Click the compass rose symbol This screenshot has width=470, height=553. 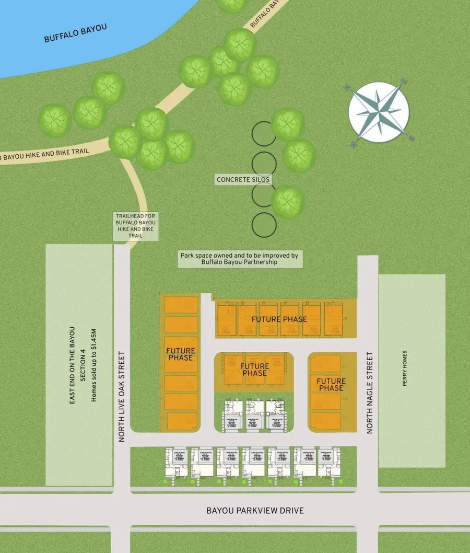[379, 112]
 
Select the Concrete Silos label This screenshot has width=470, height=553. [244, 180]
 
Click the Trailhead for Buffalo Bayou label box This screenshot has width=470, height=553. [136, 226]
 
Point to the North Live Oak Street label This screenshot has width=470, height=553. [122, 397]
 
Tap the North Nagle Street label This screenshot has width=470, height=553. [370, 393]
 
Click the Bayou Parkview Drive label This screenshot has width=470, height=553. [255, 510]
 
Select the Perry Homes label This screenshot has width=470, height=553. [405, 368]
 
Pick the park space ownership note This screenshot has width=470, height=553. [239, 259]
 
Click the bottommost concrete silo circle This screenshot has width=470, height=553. [264, 225]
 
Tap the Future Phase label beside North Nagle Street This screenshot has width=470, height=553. [331, 385]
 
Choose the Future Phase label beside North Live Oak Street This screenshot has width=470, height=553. [181, 354]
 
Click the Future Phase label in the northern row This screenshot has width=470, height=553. [279, 319]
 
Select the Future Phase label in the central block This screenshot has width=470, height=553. [254, 370]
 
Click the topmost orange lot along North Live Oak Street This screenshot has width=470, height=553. [181, 305]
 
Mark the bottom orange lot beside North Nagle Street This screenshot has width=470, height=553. [325, 420]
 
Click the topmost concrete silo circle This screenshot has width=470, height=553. [264, 134]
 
